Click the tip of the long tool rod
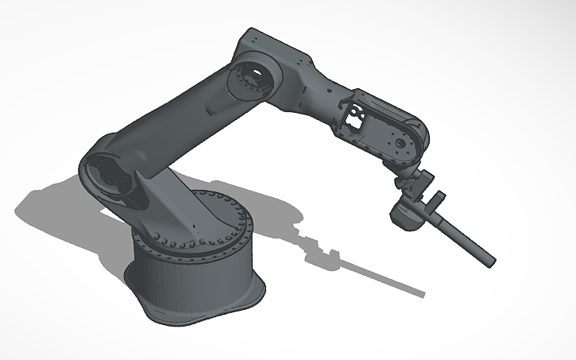pos(491,260)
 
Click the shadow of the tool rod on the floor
pos(373,274)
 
